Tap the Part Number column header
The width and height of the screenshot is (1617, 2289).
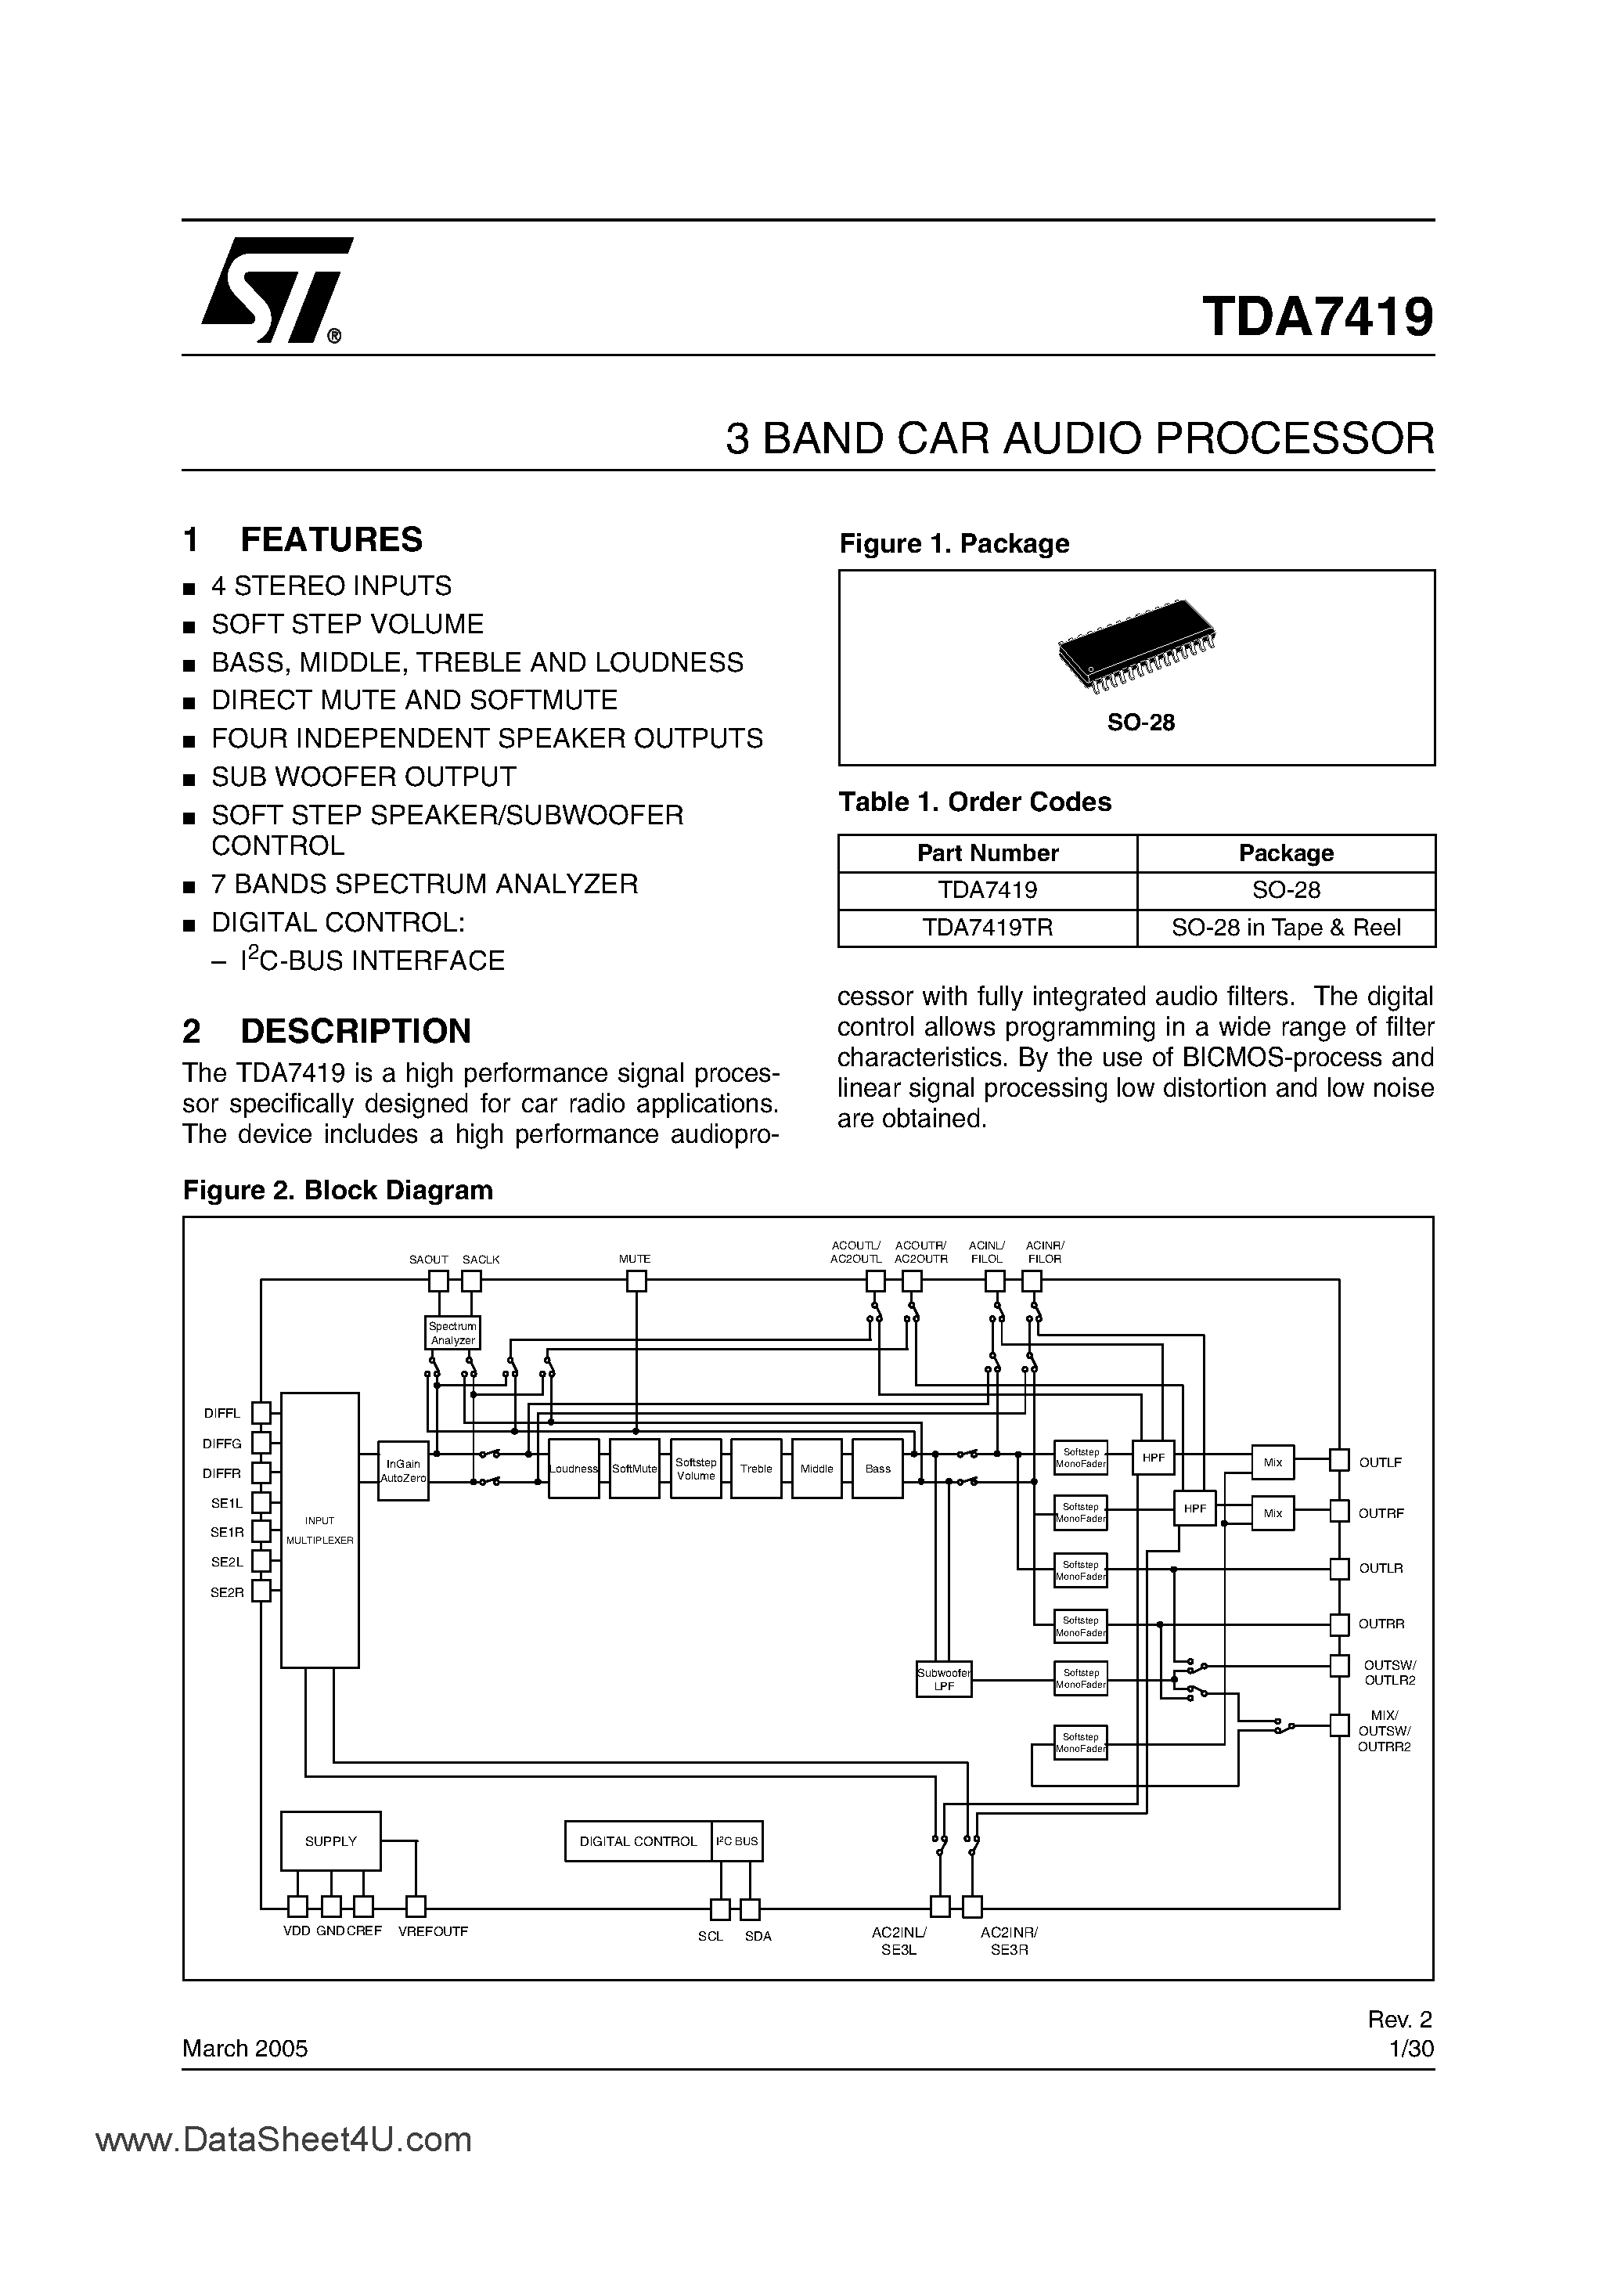coord(987,853)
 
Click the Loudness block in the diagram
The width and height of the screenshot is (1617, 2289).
coord(573,1469)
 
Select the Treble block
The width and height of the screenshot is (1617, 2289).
coord(755,1469)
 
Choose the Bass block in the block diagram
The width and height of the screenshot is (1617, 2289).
coord(877,1469)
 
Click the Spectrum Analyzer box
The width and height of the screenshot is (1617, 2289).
coord(452,1333)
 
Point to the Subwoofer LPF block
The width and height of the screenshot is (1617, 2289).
coord(943,1680)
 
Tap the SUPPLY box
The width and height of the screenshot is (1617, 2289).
coord(330,1841)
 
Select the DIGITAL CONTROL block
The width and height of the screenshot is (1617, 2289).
coord(638,1841)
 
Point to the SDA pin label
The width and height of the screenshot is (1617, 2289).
coord(758,1936)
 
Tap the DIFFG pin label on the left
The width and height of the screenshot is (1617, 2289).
coord(221,1443)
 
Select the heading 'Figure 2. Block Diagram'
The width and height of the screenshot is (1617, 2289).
coord(337,1191)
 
